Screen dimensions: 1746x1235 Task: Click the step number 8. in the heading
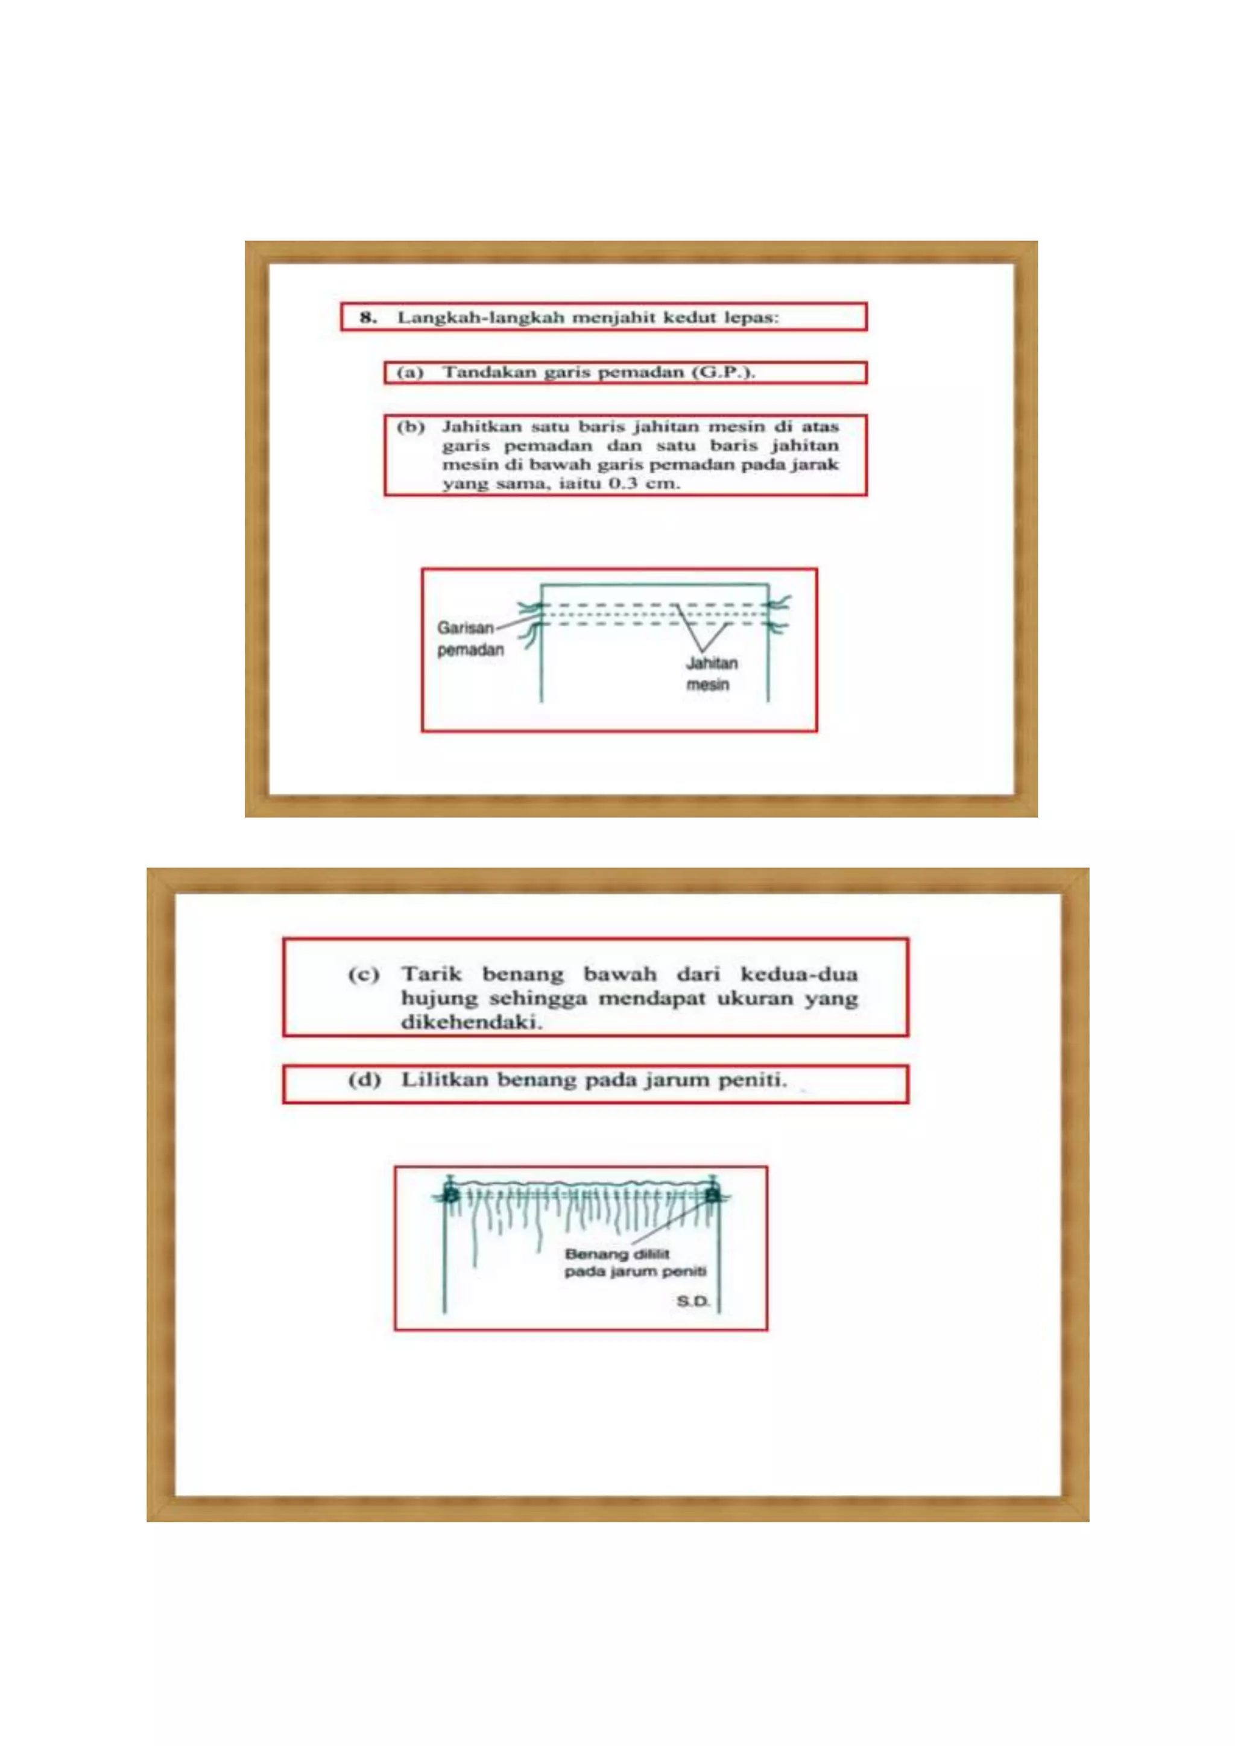(368, 317)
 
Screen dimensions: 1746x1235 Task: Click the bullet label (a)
(410, 373)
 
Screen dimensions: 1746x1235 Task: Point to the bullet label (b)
(410, 427)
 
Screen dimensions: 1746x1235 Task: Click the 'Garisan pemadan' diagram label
(469, 639)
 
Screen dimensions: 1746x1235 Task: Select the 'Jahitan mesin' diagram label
(711, 674)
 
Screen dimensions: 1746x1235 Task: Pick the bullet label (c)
(364, 974)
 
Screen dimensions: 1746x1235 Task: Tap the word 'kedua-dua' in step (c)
(798, 974)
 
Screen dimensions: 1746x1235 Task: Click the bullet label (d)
(364, 1080)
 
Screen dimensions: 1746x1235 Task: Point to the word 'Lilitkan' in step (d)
(444, 1080)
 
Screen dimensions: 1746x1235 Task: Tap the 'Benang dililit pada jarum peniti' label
(635, 1262)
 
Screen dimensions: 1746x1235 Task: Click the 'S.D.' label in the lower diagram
(693, 1301)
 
